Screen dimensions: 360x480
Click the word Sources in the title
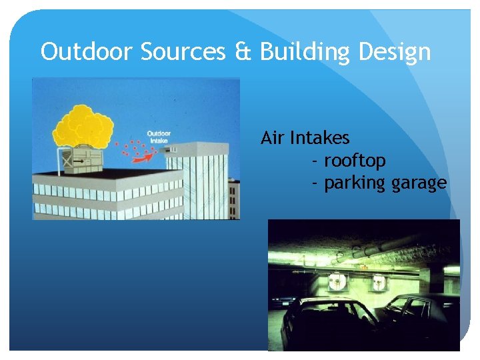(183, 51)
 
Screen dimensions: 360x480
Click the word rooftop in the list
(355, 161)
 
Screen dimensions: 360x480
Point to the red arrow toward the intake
(142, 157)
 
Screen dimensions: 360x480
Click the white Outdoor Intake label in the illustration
(159, 137)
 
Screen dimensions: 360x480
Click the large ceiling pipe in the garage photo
(387, 254)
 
